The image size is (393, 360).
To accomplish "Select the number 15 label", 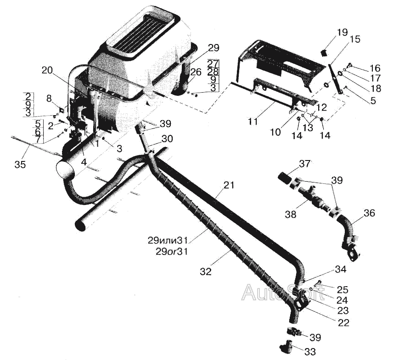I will tap(354, 39).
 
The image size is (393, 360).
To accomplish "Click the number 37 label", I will tap(305, 163).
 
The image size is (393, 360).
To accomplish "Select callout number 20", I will tap(48, 70).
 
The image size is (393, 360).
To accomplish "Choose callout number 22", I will tap(343, 322).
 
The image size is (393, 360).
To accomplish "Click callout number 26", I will tap(196, 72).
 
